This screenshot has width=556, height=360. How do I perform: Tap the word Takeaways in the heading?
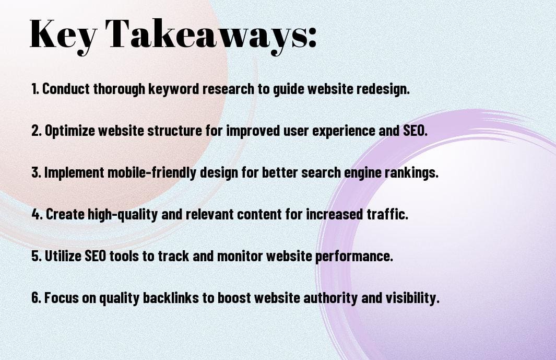[209, 34]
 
